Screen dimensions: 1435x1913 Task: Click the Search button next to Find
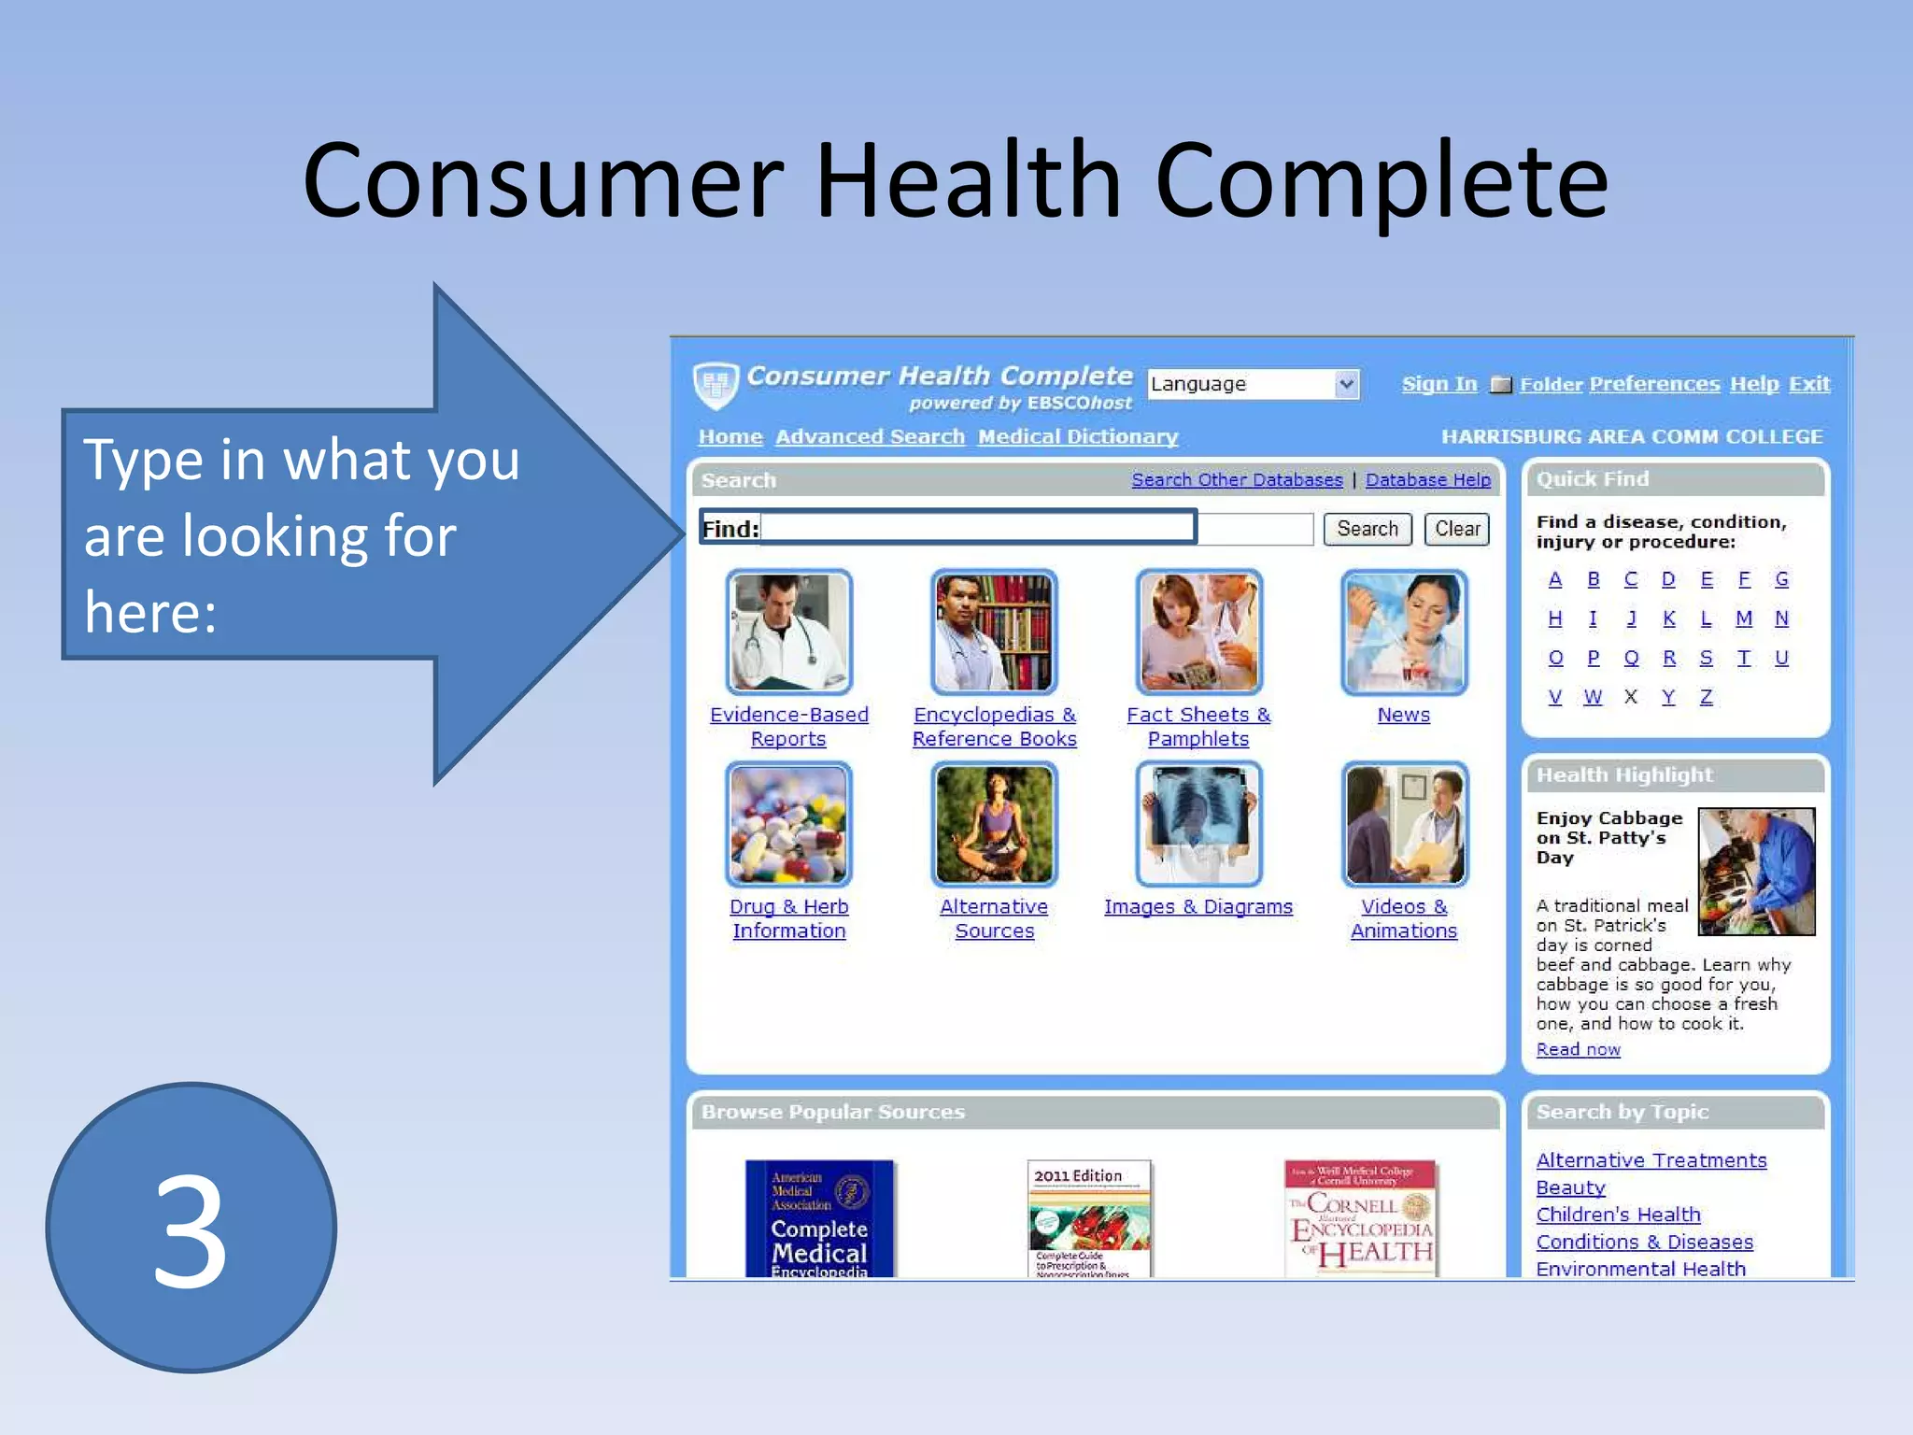point(1367,529)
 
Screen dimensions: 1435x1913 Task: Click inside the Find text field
point(1027,529)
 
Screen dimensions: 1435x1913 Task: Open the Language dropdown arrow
point(1345,384)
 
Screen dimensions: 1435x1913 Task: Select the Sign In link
point(1438,384)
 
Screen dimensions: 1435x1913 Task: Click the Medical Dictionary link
point(1077,436)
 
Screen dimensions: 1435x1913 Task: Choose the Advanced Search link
point(870,436)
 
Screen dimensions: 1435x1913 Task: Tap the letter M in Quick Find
point(1743,618)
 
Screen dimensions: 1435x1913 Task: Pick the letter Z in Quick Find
point(1706,697)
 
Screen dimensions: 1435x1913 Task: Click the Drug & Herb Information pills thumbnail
point(788,824)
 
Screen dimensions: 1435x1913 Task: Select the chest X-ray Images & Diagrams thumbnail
point(1198,824)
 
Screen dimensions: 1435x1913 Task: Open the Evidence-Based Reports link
point(788,726)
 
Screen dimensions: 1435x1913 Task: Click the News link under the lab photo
point(1403,715)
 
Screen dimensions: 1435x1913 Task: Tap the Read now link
point(1578,1049)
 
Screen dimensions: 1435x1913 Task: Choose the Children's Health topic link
point(1618,1215)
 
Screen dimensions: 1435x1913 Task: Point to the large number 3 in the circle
point(191,1229)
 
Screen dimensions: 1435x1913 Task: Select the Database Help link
point(1427,479)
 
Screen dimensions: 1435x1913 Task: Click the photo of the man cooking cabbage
point(1756,871)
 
